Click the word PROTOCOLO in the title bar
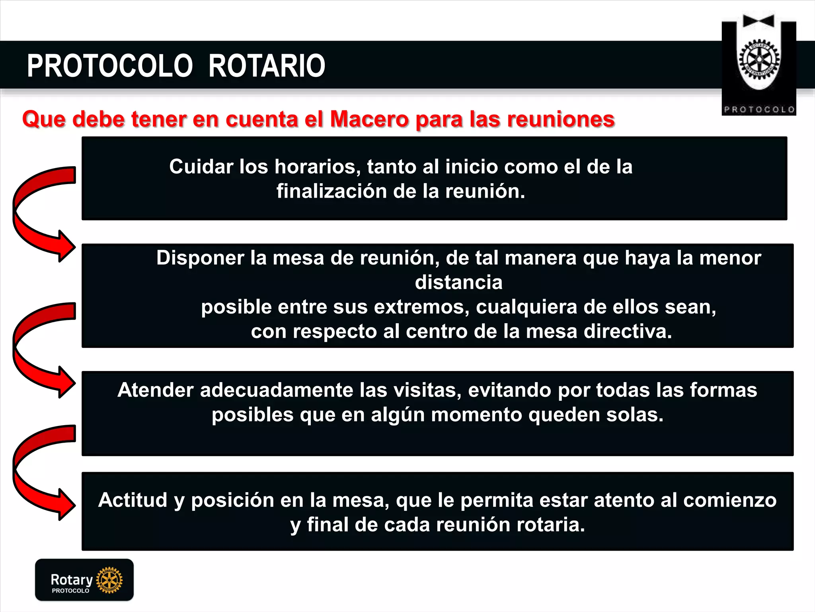[x=110, y=66]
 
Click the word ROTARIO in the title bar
[x=267, y=66]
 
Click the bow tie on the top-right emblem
[x=758, y=21]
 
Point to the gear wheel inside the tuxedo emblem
[x=759, y=60]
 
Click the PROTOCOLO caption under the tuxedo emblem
[x=759, y=110]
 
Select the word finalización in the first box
[x=331, y=191]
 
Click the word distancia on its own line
[x=458, y=282]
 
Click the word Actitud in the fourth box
[x=133, y=500]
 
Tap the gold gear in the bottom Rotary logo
[x=109, y=580]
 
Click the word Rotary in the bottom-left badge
[x=72, y=579]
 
